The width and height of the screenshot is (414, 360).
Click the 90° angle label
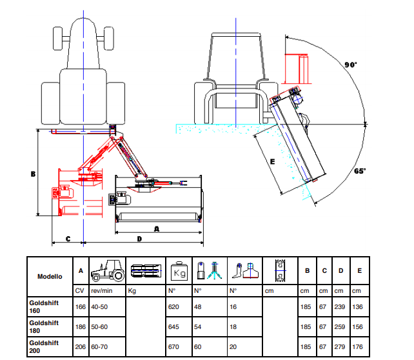(351, 65)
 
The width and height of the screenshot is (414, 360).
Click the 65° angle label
(360, 172)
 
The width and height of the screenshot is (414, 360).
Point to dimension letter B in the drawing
(32, 174)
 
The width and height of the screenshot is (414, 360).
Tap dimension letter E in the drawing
(273, 162)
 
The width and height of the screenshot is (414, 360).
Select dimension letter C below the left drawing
(68, 239)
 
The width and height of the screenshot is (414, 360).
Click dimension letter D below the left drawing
(139, 239)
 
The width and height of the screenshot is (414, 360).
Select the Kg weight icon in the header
(178, 272)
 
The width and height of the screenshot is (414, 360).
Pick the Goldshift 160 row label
(44, 306)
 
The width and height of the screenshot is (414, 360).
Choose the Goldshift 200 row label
(44, 347)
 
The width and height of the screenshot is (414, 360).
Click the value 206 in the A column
(80, 347)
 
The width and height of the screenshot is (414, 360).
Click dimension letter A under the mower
(157, 228)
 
